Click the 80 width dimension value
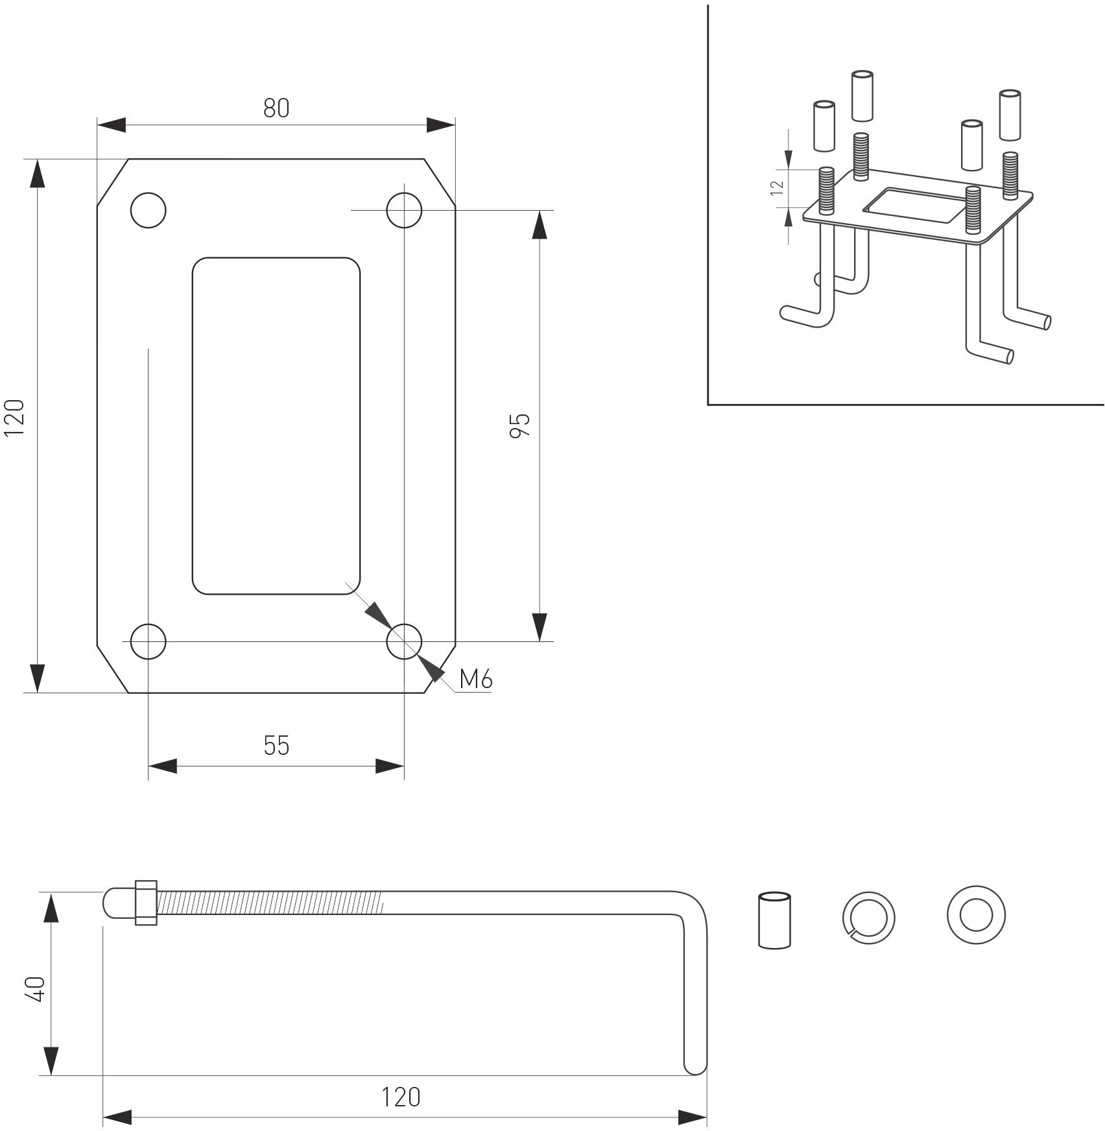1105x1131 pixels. point(276,108)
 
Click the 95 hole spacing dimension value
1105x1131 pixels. point(520,425)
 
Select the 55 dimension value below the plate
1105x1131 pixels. point(276,746)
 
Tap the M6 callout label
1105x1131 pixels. point(476,680)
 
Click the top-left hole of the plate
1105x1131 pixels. point(149,209)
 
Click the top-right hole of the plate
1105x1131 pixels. point(404,209)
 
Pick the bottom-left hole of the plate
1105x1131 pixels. point(149,641)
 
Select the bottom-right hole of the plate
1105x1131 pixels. point(404,641)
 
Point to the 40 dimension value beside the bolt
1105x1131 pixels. point(37,989)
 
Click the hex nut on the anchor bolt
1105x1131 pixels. point(146,902)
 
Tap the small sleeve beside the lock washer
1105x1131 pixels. point(774,921)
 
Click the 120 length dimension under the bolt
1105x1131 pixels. point(400,1097)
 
